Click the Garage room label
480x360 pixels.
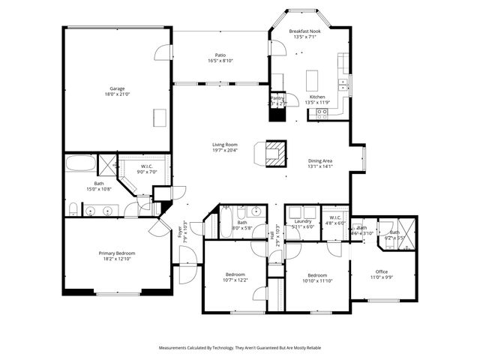coord(116,88)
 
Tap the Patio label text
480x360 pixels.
coord(220,55)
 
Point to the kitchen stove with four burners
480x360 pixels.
coord(322,113)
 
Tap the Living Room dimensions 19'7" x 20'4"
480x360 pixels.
coord(224,150)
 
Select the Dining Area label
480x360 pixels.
coord(320,160)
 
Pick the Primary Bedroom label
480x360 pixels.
coord(116,253)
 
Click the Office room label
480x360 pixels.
coord(382,271)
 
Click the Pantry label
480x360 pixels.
coord(277,98)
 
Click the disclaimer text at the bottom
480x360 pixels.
coord(239,348)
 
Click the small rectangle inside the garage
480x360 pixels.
coord(160,118)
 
